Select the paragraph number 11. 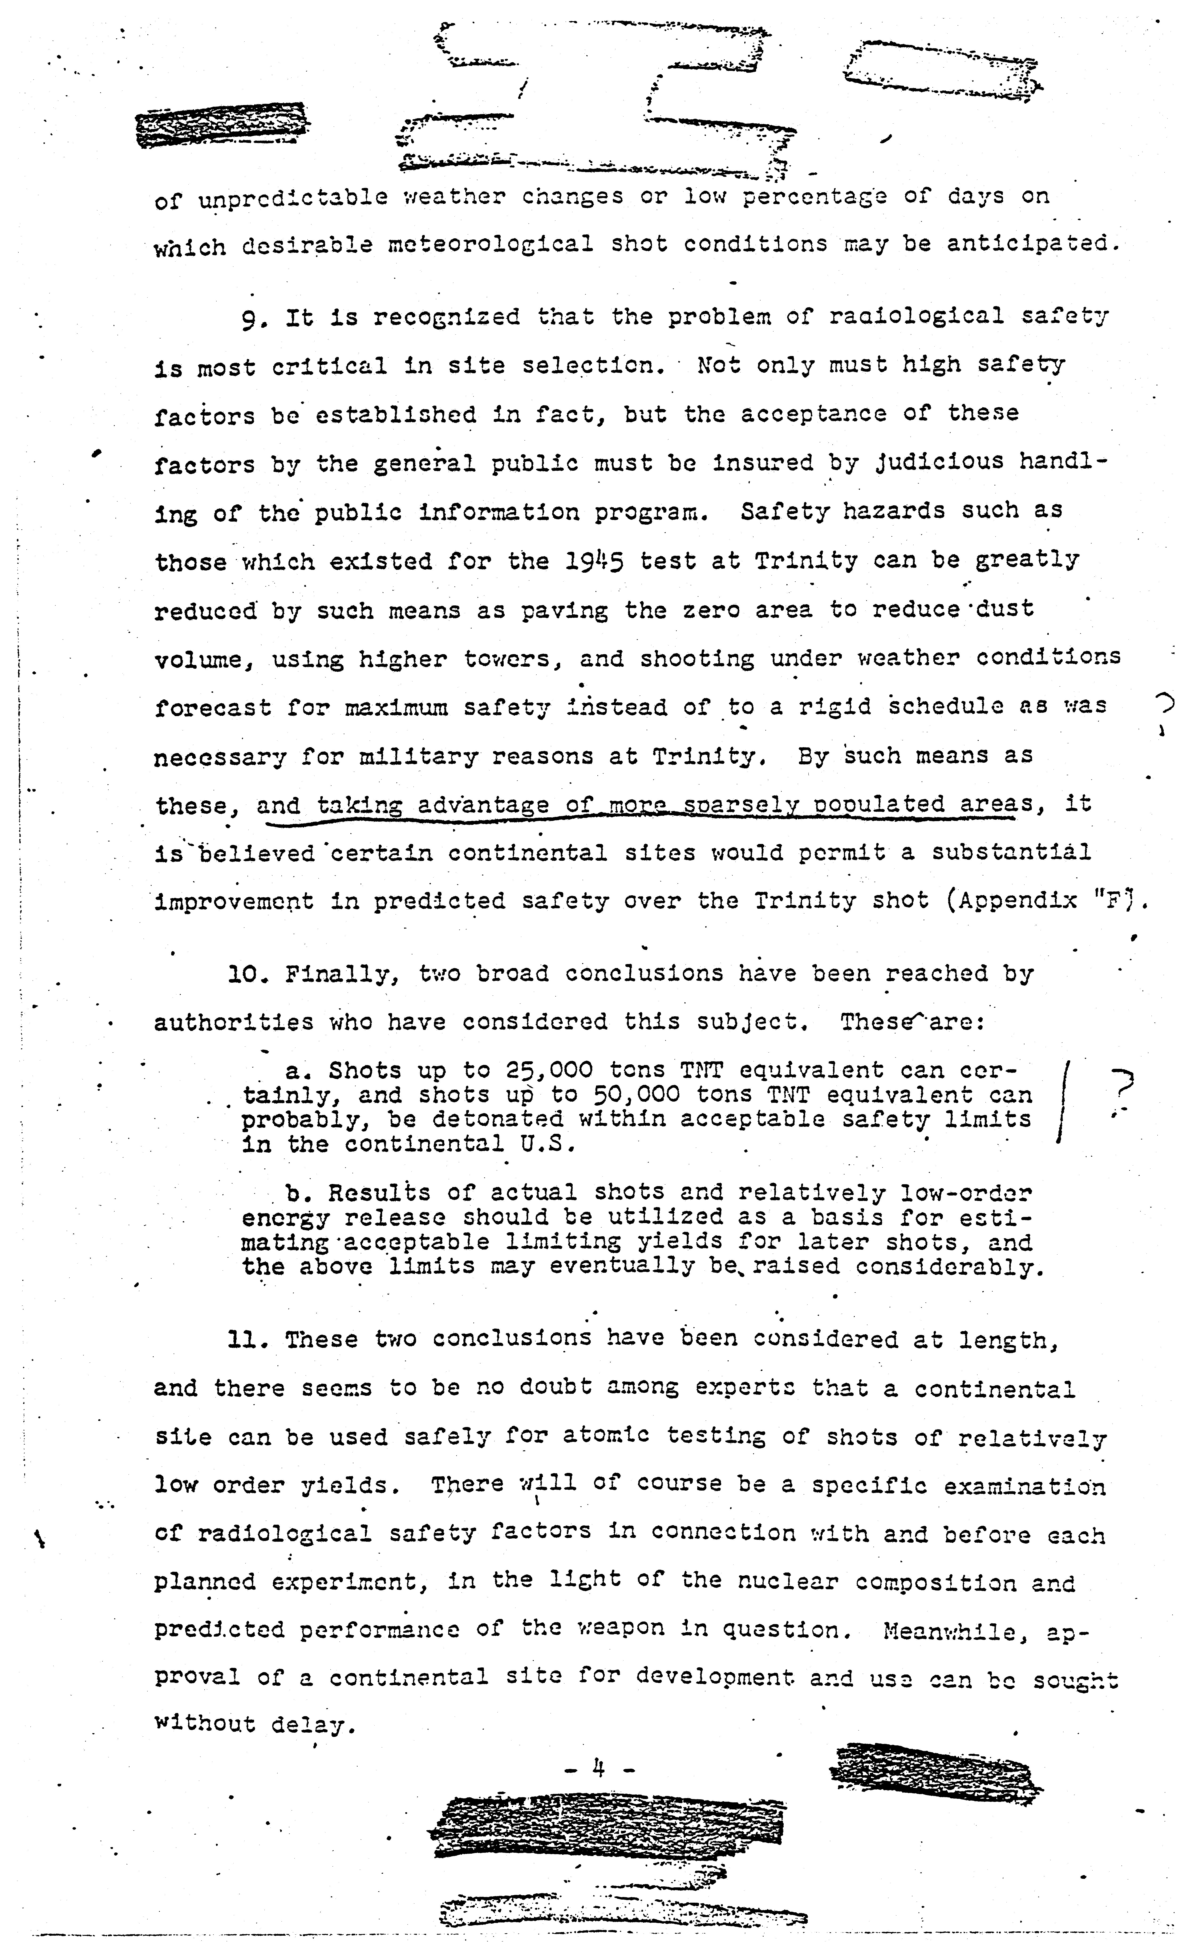[242, 1340]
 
